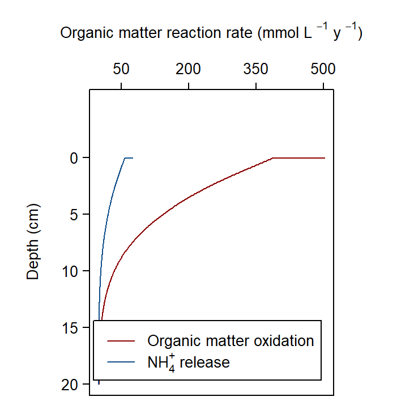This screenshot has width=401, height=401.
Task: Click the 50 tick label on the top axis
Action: click(121, 70)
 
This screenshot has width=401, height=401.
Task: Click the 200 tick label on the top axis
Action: click(189, 70)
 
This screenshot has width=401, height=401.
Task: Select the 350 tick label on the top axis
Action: click(256, 70)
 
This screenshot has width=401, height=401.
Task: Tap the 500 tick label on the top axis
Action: click(323, 70)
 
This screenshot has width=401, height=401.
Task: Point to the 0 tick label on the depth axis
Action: click(73, 158)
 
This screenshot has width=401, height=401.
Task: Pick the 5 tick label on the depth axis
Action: click(73, 215)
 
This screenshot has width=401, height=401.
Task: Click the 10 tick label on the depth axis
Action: click(69, 271)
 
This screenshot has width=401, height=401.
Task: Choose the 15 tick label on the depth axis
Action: click(69, 328)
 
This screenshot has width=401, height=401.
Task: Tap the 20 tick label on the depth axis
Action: click(69, 385)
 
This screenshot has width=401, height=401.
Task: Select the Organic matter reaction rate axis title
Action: click(211, 34)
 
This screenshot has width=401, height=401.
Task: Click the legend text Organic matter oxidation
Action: click(231, 341)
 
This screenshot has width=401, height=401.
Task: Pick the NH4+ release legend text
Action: click(189, 362)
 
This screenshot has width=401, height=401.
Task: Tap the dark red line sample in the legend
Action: click(120, 341)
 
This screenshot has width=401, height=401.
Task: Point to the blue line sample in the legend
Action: click(120, 362)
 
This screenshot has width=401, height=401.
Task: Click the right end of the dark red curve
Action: click(325, 158)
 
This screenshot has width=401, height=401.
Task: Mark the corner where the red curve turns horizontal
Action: click(273, 158)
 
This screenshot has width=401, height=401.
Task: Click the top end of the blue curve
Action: click(133, 158)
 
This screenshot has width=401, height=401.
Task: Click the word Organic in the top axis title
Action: click(83, 34)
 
